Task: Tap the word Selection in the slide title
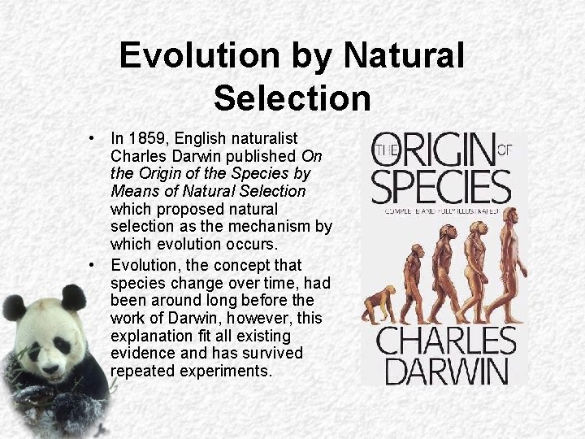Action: [292, 98]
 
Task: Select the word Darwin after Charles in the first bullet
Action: [196, 156]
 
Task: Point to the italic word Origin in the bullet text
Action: [165, 174]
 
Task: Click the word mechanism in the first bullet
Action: [267, 226]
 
